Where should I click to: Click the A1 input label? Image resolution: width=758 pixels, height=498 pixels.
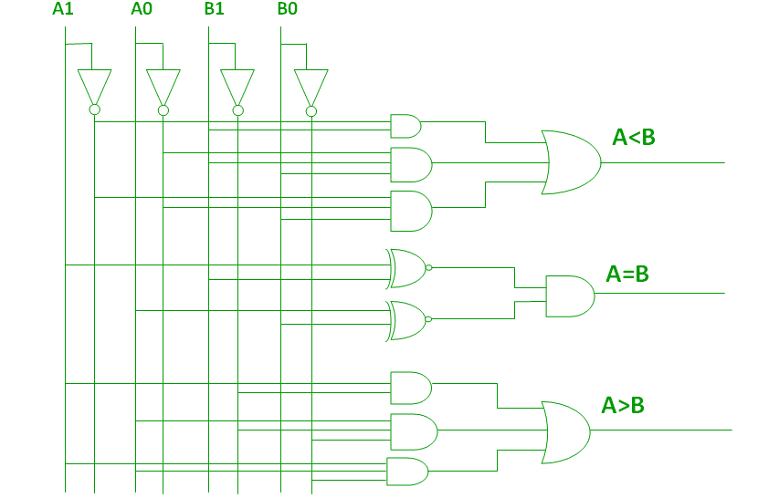click(63, 9)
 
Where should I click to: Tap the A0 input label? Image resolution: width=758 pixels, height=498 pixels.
click(141, 9)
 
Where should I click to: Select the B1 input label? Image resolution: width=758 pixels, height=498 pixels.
click(214, 9)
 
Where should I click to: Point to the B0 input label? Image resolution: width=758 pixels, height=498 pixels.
click(287, 9)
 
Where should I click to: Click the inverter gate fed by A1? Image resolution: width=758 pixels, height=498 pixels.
click(94, 87)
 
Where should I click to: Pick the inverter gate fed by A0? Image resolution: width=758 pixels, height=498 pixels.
click(163, 87)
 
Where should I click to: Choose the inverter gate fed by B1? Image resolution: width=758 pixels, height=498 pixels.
click(237, 87)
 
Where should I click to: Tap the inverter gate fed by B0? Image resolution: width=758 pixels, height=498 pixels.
click(311, 87)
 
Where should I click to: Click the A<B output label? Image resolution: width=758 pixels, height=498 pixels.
click(634, 138)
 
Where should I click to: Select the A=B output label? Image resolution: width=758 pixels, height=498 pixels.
click(627, 274)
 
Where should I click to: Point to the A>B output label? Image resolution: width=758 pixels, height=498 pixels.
click(623, 405)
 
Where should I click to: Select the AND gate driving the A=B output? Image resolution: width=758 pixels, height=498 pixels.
click(569, 296)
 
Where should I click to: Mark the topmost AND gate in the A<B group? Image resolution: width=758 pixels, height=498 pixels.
click(405, 126)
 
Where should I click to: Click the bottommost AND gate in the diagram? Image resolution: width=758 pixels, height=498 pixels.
click(407, 472)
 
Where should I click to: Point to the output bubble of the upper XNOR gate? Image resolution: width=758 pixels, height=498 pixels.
click(428, 268)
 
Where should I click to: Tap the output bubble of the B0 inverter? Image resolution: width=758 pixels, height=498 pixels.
click(311, 111)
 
